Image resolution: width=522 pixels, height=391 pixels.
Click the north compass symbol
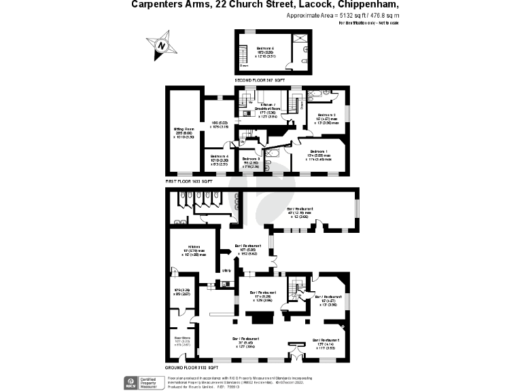pos(162,45)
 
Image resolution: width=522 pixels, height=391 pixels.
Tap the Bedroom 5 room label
pos(265,48)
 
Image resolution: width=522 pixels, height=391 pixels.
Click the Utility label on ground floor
pos(226,272)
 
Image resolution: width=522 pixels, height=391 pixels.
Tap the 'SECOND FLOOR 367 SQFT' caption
pos(259,80)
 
